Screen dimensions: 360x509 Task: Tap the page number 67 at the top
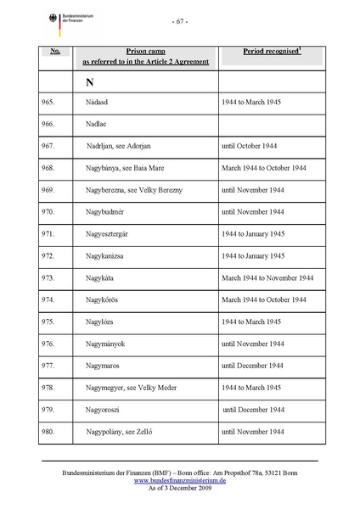[x=180, y=20]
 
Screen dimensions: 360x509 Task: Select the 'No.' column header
[x=54, y=52]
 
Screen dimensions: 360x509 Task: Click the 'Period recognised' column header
[x=272, y=52]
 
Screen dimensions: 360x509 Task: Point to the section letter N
[x=89, y=82]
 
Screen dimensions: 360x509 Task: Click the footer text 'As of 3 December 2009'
[x=180, y=487]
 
